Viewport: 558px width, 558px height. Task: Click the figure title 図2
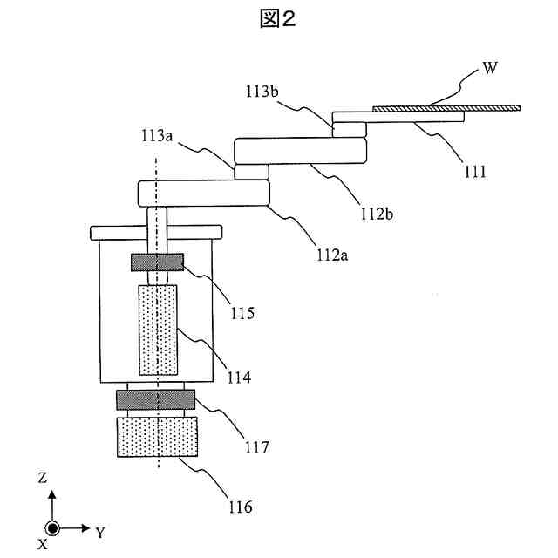pos(277,19)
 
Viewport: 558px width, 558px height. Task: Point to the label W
pos(490,69)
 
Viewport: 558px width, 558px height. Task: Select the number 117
pos(257,447)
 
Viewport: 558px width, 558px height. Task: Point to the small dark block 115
pos(157,262)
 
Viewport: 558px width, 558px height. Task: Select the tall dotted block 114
pos(157,328)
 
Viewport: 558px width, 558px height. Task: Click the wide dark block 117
pos(155,400)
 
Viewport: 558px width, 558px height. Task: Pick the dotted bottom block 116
pos(156,437)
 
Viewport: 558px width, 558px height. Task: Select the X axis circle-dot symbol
pos(52,528)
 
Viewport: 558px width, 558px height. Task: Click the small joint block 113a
pos(251,171)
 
